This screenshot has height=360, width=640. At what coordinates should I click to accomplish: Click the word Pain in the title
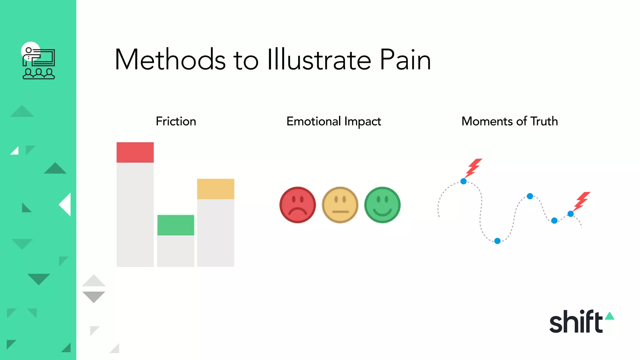tap(405, 60)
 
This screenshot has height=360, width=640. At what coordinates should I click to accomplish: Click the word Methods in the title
tap(170, 60)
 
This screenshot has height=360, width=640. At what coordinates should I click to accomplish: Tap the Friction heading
tap(176, 121)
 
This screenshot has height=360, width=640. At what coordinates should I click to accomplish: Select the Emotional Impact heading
tap(334, 121)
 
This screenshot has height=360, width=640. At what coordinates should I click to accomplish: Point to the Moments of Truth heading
tap(509, 121)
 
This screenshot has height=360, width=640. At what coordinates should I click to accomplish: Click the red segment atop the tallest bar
tap(135, 152)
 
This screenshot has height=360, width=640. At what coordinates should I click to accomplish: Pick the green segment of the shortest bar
tap(176, 225)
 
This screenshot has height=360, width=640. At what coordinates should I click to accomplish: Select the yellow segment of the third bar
tap(216, 189)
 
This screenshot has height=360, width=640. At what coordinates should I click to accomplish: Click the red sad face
tap(297, 205)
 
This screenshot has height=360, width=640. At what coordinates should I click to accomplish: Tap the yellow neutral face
tap(340, 205)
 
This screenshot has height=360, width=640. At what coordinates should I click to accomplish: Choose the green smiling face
tap(382, 205)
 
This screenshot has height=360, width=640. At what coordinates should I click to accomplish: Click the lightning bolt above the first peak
tap(474, 168)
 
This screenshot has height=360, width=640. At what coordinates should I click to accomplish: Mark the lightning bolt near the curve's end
tap(582, 201)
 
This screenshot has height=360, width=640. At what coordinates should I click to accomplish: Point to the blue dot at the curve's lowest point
tap(497, 241)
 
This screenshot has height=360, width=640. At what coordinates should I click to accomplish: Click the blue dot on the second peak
tap(530, 196)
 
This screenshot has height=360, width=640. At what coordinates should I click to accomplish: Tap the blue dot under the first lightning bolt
tap(463, 181)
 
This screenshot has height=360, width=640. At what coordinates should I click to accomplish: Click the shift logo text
tap(576, 322)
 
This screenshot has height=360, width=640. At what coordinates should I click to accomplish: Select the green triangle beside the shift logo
tap(610, 316)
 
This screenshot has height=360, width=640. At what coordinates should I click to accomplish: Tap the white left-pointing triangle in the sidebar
tap(66, 205)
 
